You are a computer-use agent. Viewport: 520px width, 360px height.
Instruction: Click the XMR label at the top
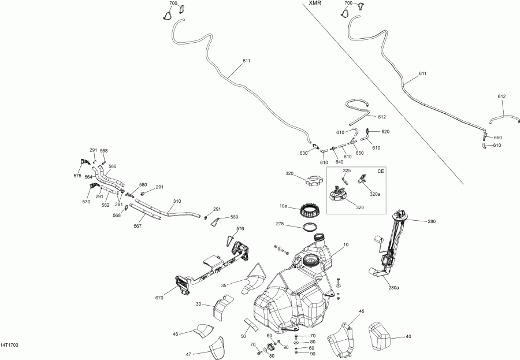[315, 3]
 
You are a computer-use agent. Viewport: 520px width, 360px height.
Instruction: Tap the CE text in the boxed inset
[380, 172]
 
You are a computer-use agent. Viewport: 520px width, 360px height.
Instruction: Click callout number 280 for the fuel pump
[432, 221]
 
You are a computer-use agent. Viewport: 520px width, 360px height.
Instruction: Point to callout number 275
[280, 224]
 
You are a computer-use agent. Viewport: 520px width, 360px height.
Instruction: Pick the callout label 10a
[283, 206]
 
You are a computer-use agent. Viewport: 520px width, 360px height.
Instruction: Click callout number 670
[159, 298]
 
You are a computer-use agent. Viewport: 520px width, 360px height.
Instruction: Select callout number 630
[303, 153]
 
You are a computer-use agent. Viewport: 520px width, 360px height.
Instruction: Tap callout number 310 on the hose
[177, 202]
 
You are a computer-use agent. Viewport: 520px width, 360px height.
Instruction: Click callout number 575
[77, 176]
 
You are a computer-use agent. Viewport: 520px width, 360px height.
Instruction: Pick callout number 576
[240, 229]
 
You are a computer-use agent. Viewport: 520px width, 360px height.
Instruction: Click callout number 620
[385, 132]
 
